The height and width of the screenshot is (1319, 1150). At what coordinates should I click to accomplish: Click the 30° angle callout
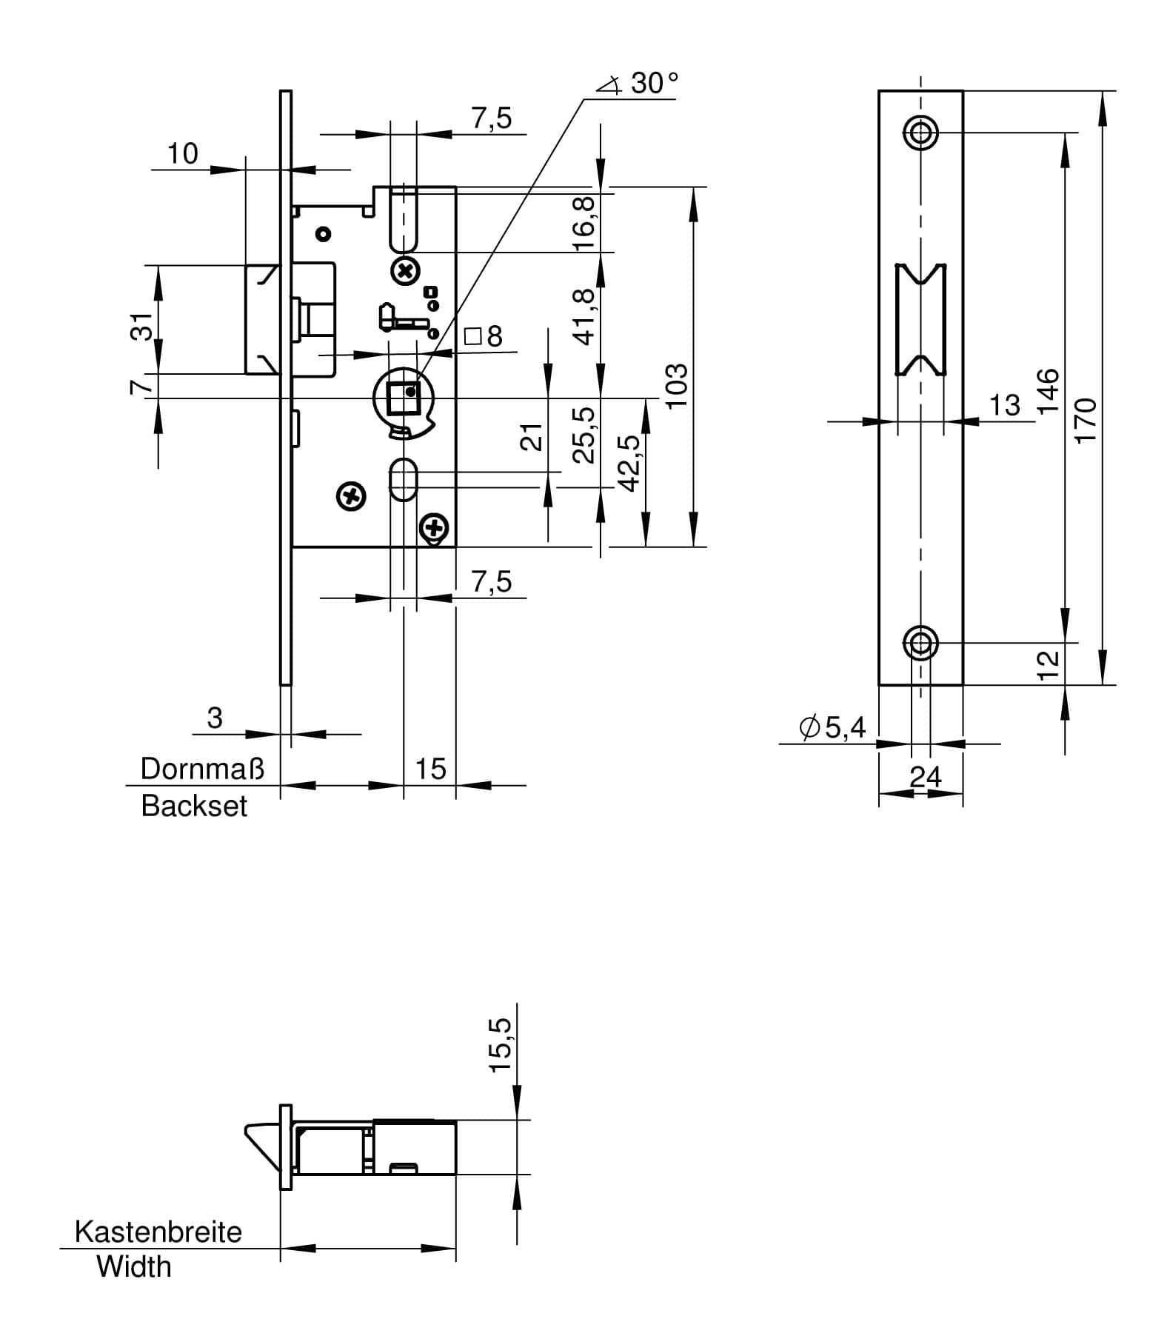click(642, 83)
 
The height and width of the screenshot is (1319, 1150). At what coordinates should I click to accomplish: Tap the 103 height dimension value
click(677, 384)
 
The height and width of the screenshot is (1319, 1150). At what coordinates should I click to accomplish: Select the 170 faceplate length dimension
click(1085, 420)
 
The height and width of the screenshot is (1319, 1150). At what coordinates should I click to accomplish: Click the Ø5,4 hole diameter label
click(832, 728)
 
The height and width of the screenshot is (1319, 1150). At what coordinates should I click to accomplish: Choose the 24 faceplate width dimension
click(926, 776)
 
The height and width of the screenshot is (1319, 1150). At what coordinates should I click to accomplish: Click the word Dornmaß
click(202, 769)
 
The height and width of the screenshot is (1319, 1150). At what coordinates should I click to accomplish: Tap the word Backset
click(194, 806)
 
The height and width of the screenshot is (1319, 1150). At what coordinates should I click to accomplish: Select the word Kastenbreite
click(158, 1232)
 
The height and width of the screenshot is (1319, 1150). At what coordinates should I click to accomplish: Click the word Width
click(134, 1266)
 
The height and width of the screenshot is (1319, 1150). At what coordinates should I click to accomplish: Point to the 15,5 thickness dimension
click(501, 1044)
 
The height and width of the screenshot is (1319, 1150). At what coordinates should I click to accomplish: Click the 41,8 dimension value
click(584, 316)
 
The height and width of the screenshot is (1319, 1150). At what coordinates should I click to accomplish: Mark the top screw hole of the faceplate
click(920, 133)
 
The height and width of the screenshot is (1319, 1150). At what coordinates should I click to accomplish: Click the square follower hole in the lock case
click(404, 398)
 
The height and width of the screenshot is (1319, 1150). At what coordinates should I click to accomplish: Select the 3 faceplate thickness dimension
click(215, 718)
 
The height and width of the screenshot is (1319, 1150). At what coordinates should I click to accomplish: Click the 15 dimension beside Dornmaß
click(430, 769)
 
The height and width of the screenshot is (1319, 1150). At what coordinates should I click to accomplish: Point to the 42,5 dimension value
click(629, 463)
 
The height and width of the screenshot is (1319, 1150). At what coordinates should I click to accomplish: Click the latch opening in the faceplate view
click(920, 318)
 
